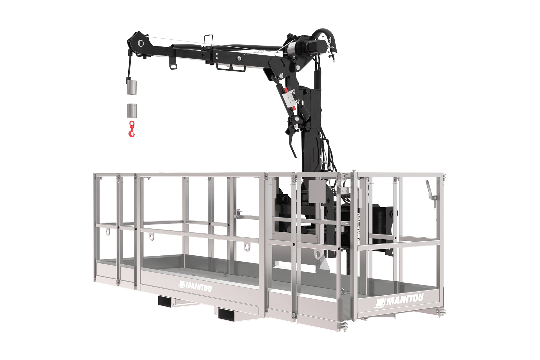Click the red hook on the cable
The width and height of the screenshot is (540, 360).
[x=132, y=129]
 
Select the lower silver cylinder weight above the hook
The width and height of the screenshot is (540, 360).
[x=132, y=111]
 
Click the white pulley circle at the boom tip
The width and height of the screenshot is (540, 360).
[x=141, y=43]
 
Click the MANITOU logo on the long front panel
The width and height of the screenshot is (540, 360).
[x=195, y=286]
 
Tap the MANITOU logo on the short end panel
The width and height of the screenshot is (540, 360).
[x=399, y=300]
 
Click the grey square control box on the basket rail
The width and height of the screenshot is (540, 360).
[x=317, y=191]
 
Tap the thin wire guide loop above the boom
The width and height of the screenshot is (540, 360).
[x=208, y=39]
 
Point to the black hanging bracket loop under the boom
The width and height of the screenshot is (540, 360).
[x=172, y=64]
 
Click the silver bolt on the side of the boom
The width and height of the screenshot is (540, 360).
[x=239, y=58]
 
